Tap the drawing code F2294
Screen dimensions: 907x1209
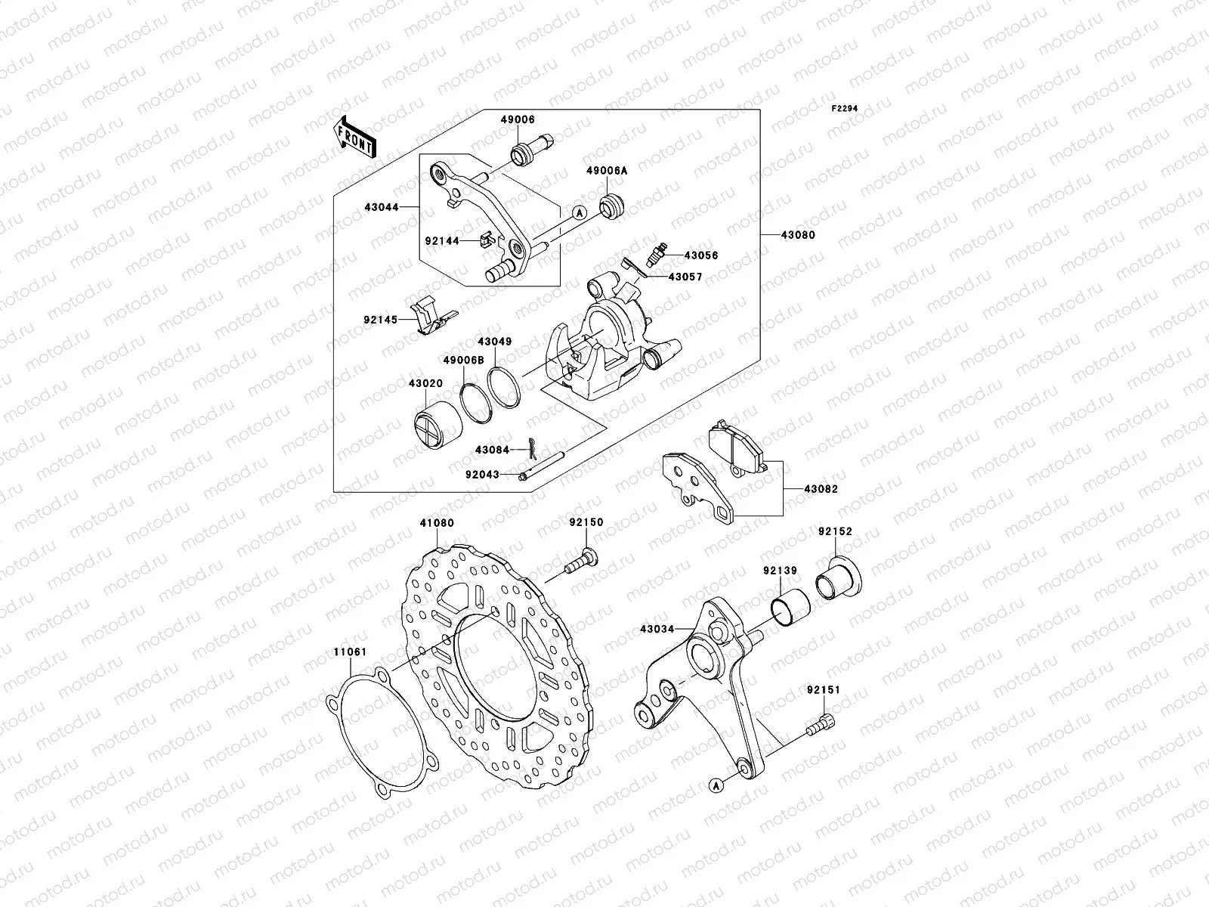coord(846,109)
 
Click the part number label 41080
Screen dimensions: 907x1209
coord(437,522)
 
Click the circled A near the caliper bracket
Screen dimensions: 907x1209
coord(580,213)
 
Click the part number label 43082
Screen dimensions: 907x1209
coord(821,489)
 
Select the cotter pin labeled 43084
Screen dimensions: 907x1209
coord(531,450)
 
